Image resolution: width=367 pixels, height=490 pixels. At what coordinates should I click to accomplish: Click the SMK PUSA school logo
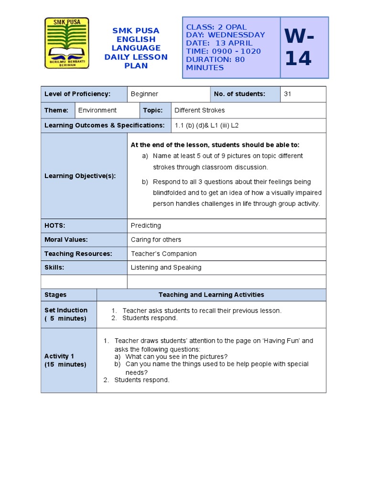click(x=66, y=43)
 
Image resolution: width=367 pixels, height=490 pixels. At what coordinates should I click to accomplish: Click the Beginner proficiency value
click(x=144, y=94)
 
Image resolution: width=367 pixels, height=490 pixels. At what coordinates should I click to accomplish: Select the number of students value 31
click(x=287, y=94)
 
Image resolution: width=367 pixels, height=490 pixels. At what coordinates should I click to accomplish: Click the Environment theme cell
click(x=97, y=111)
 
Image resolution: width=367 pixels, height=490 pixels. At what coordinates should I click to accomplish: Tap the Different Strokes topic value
click(x=199, y=111)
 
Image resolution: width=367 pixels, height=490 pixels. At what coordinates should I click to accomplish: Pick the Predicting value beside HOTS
click(x=146, y=225)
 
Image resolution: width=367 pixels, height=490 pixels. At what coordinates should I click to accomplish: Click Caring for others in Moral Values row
click(x=156, y=240)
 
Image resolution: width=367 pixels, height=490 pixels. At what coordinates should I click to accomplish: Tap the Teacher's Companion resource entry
click(x=163, y=254)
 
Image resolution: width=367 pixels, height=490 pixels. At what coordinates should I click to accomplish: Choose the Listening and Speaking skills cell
click(x=166, y=268)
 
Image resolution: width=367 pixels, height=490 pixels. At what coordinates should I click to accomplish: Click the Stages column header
click(x=55, y=295)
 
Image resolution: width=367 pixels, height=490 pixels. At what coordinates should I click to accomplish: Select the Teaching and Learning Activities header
click(x=211, y=295)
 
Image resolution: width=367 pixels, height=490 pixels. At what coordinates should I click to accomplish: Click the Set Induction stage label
click(x=66, y=314)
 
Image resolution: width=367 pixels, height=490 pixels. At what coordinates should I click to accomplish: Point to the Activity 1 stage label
click(x=65, y=360)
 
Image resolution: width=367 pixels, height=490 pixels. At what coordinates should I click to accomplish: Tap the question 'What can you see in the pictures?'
click(x=176, y=356)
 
